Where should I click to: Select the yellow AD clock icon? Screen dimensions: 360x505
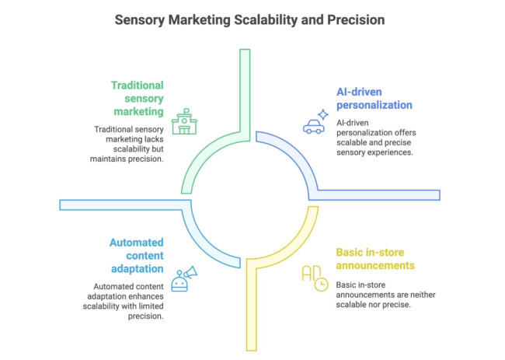pyautogui.click(x=314, y=279)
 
